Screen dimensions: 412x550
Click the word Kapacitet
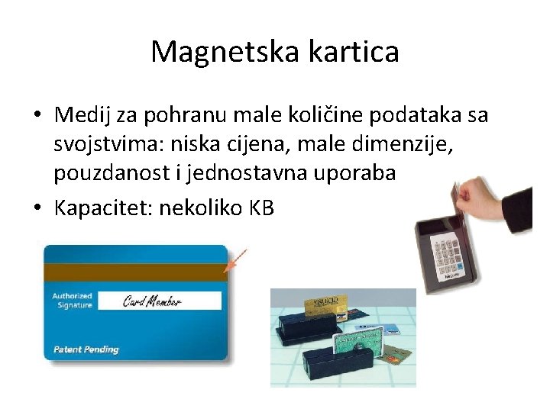pos(102,208)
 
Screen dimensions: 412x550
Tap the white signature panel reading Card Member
pos(160,301)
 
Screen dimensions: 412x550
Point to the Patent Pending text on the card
pos(86,349)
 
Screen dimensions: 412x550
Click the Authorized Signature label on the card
pos(72,301)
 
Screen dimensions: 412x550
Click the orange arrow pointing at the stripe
pos(238,259)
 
